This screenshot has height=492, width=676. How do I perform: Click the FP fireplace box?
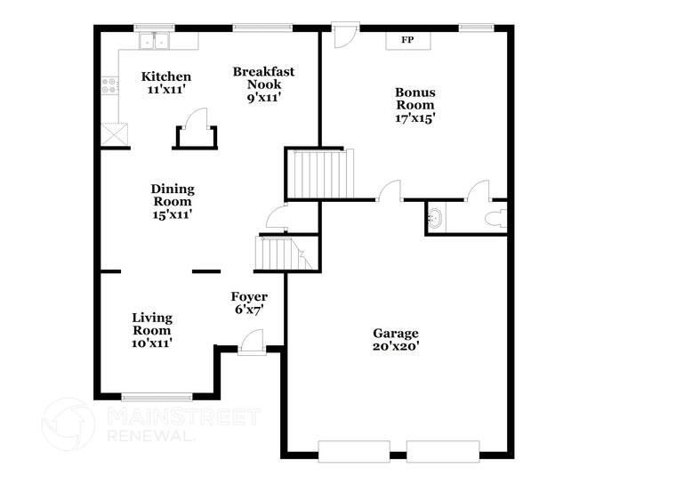(407, 41)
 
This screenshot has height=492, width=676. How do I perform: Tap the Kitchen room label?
(165, 77)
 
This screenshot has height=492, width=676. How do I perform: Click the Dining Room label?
(172, 189)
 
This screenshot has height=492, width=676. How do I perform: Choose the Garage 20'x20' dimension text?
(396, 346)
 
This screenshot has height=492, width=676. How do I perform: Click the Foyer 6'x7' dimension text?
(249, 310)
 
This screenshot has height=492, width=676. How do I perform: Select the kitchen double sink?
(157, 40)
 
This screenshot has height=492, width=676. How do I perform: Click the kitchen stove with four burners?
(110, 85)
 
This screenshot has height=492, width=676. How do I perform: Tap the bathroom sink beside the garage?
(435, 218)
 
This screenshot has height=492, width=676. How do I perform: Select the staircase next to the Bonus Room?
(321, 173)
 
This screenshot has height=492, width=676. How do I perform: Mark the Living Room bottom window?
(156, 397)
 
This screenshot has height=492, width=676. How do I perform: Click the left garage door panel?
(353, 450)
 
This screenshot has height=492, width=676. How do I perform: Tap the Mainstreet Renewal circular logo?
(68, 424)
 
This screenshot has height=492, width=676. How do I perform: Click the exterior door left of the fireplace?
(343, 36)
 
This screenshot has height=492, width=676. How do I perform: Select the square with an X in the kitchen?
(114, 134)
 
